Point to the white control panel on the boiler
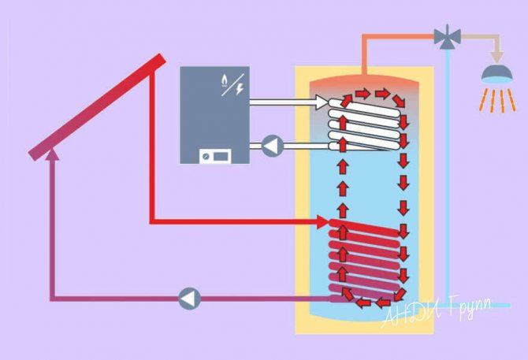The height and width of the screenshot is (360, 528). (214, 154)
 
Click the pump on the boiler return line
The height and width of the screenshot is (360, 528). (272, 146)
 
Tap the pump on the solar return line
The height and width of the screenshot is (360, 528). (189, 298)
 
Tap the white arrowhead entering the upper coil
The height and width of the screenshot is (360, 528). (322, 102)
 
